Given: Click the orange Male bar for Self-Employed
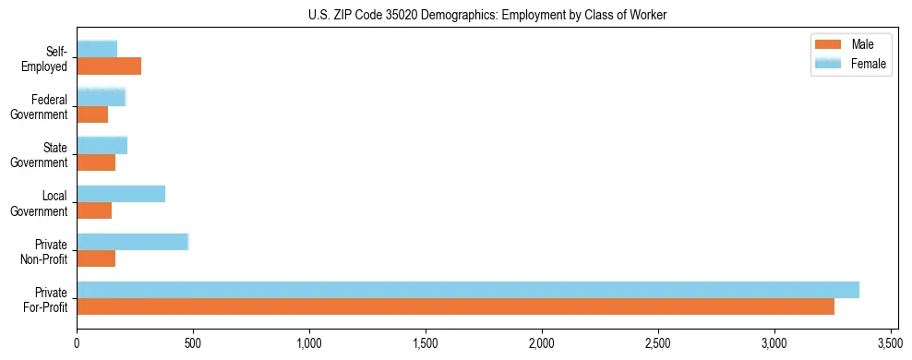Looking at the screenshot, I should tap(109, 66).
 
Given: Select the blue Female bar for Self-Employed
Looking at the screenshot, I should tap(97, 49).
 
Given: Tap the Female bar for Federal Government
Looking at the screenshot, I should tap(101, 97).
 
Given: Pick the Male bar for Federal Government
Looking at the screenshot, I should tap(92, 114).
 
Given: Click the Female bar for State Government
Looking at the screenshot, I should tap(102, 145).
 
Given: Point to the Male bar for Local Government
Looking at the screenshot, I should tap(94, 210).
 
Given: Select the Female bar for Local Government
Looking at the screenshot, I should tap(121, 194).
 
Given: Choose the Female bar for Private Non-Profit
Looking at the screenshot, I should tap(132, 242).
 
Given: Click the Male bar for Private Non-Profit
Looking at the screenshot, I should tap(96, 259).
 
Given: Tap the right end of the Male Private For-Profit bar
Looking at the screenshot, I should tap(832, 307).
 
